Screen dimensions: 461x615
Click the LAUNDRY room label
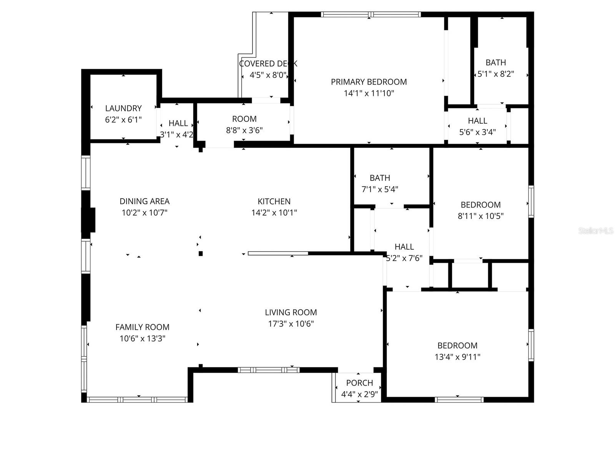click(123, 108)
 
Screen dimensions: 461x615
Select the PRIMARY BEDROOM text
click(369, 82)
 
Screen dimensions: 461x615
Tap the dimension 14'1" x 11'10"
click(369, 93)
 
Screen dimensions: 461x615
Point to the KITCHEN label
click(274, 201)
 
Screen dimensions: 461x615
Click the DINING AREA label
click(144, 201)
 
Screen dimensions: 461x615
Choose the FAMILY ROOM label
click(142, 327)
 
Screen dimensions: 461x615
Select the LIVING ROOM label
click(291, 312)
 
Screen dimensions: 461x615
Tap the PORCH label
click(359, 383)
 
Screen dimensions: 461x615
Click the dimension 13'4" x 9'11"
click(457, 357)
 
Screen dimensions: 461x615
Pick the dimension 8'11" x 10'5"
click(480, 216)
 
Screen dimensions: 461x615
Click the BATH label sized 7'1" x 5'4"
click(380, 178)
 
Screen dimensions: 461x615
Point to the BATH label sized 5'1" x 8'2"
click(495, 63)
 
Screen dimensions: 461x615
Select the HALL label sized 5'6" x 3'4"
click(477, 121)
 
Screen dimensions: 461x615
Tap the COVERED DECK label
click(268, 64)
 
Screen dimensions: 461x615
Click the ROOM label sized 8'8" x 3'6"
click(244, 119)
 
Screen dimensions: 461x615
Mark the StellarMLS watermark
click(595, 231)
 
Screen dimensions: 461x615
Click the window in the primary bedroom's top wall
click(371, 15)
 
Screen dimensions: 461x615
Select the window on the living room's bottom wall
click(268, 370)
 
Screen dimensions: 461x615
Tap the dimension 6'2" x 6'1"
click(123, 120)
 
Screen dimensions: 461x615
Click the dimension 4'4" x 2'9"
click(359, 394)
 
